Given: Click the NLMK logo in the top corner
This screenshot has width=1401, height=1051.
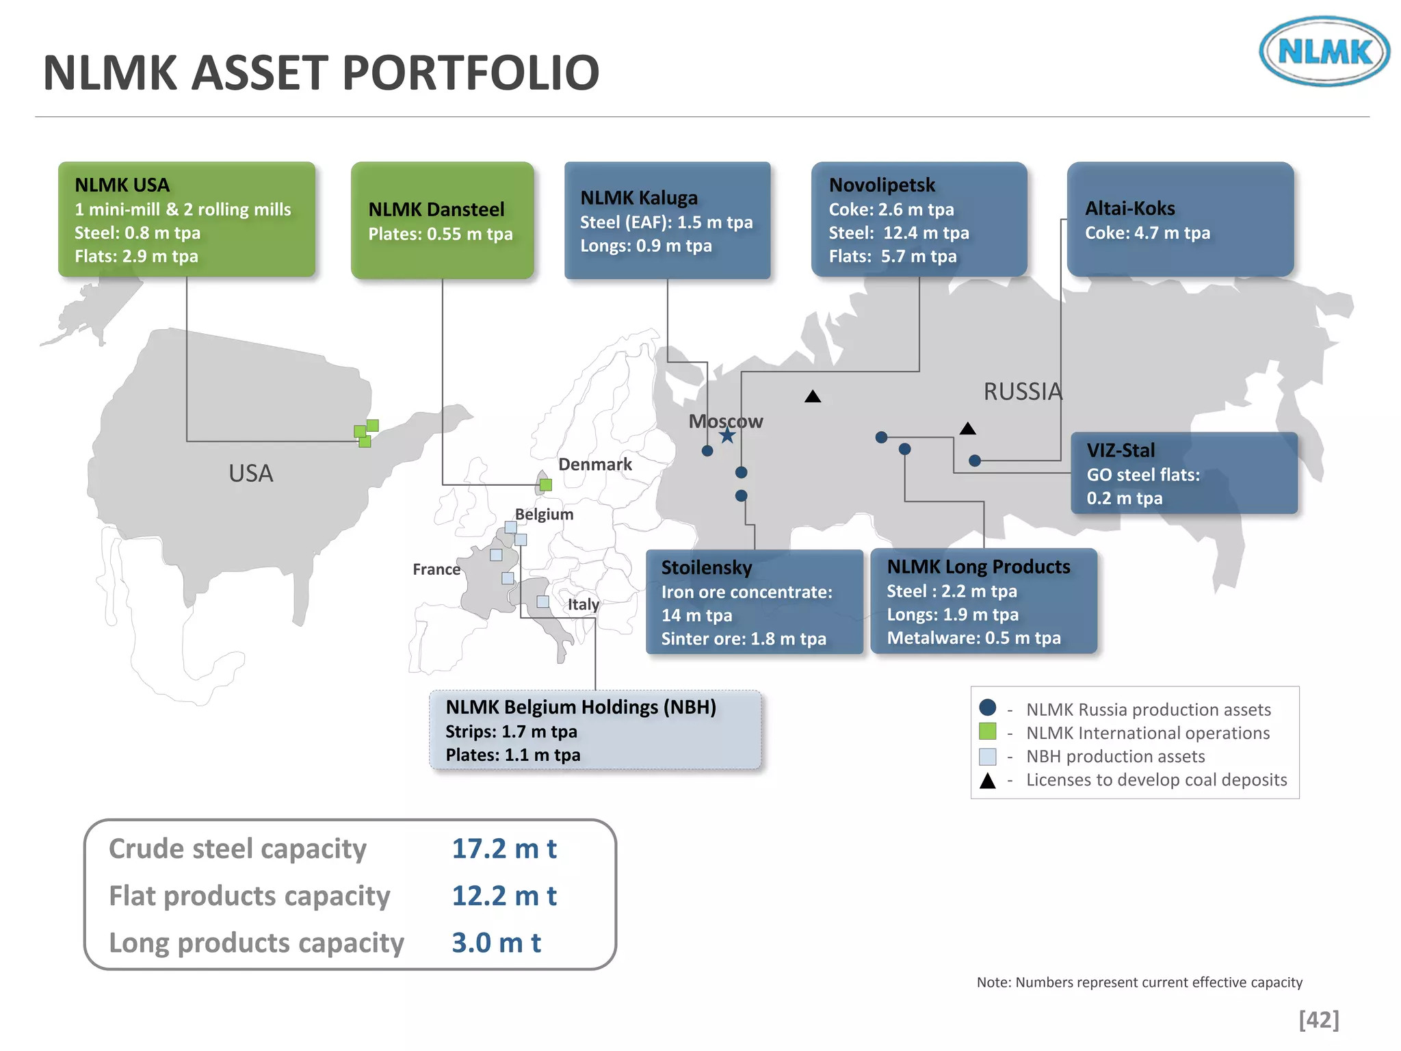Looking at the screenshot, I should [x=1324, y=51].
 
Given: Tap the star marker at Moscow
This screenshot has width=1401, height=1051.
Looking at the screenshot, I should [x=727, y=435].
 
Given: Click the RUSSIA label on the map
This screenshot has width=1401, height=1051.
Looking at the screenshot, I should [x=1023, y=391].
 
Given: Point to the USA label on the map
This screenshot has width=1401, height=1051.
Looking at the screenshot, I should [x=250, y=473].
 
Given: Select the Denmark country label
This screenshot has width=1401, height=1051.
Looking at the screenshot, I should [x=594, y=464].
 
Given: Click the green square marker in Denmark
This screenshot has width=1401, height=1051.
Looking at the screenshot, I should [x=546, y=485].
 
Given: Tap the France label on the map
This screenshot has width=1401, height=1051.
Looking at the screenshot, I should [x=436, y=569].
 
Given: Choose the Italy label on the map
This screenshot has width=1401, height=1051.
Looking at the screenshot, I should [x=583, y=604].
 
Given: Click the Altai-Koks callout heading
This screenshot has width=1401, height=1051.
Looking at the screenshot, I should [x=1129, y=208].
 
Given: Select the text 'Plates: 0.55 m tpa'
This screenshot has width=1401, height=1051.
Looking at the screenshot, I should [x=440, y=234].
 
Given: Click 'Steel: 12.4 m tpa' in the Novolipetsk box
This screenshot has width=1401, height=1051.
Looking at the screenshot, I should [x=898, y=233].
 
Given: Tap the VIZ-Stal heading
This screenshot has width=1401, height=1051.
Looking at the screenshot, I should [x=1121, y=450].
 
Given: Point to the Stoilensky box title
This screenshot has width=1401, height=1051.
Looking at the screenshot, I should [x=706, y=567].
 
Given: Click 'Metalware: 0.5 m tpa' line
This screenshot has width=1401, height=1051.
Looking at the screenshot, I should [x=973, y=638].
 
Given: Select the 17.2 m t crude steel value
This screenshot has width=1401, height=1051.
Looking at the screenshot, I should [x=504, y=848].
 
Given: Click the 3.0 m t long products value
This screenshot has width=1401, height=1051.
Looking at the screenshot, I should [x=496, y=943].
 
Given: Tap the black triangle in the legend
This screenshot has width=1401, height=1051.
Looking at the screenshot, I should [x=987, y=781].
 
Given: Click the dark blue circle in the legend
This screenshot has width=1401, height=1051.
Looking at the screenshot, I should [x=987, y=708].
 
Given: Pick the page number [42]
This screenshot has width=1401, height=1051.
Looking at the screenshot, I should [x=1318, y=1020].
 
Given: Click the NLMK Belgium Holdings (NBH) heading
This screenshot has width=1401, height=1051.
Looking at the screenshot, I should [x=581, y=707].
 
